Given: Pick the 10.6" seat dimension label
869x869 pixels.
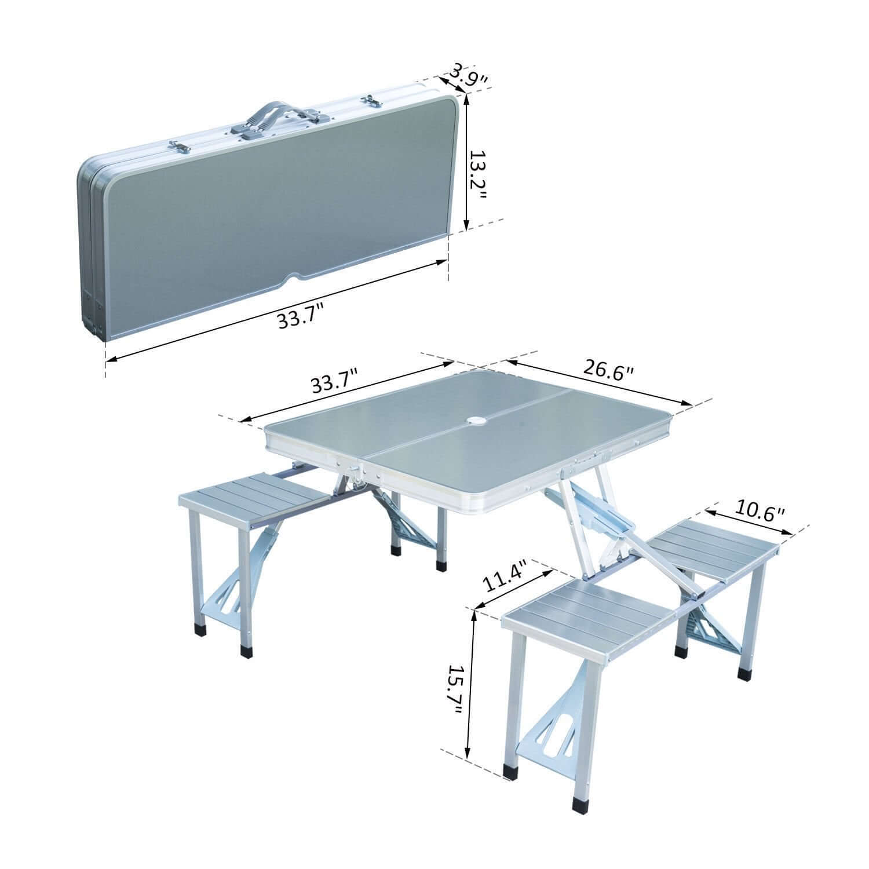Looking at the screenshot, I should click(760, 512).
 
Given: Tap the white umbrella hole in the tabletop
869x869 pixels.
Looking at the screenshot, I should click(479, 420).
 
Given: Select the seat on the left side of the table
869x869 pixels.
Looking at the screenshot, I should click(255, 499).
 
